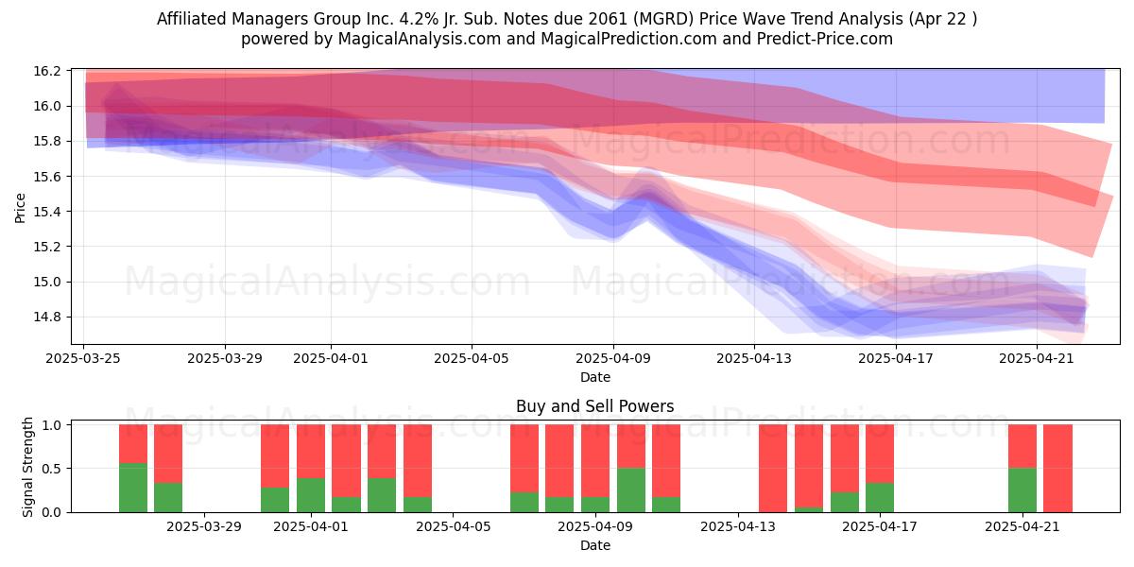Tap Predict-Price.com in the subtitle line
[825, 39]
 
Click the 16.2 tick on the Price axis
[47, 71]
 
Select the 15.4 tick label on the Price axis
[47, 212]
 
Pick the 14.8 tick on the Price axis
[47, 318]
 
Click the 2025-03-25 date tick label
[83, 358]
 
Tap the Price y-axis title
[20, 208]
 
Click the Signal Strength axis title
[27, 467]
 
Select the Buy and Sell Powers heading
[594, 406]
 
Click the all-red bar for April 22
[1058, 469]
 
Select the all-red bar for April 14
[773, 469]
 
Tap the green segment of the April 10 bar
[631, 490]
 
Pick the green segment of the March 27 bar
[168, 498]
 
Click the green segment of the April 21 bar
[1022, 490]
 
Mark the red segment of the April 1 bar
[310, 452]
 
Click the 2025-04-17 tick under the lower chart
[880, 527]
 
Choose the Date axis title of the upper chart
[594, 377]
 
